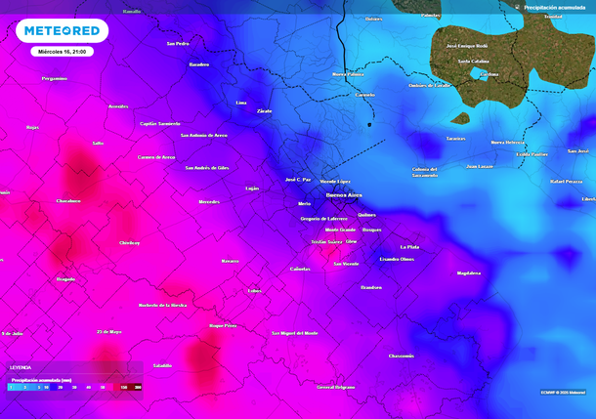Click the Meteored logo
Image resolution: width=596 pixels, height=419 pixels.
click(62, 31)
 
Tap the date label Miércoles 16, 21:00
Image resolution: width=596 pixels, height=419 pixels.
click(61, 51)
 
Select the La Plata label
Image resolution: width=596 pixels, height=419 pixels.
click(409, 247)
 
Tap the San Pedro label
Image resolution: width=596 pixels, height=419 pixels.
click(178, 44)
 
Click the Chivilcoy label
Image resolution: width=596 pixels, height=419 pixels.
click(130, 242)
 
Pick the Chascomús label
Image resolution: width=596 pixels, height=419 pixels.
click(401, 356)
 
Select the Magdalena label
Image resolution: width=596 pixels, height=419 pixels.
click(469, 273)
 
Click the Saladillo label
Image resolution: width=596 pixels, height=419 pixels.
click(162, 365)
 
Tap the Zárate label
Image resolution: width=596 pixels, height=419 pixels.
click(264, 111)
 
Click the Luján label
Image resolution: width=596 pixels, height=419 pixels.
click(252, 188)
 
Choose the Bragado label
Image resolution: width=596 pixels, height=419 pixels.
click(65, 278)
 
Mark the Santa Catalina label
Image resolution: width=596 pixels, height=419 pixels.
click(473, 61)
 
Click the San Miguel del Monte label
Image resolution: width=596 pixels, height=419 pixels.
click(294, 333)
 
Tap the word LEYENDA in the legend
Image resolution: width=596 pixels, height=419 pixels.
click(20, 367)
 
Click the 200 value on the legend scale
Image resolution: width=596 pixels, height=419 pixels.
click(138, 388)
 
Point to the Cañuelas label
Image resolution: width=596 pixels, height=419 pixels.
click(301, 269)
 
